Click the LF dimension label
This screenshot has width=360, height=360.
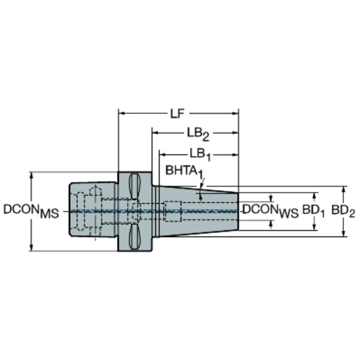point(178,113)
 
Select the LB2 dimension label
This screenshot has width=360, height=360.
point(198,134)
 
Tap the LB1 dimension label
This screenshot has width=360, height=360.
point(200,154)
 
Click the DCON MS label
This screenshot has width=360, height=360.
point(31,211)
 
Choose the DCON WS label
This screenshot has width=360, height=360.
point(271,211)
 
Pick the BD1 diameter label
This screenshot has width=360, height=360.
point(313,211)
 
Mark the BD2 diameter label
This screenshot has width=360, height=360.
point(343,211)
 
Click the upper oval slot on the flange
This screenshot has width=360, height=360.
point(134,186)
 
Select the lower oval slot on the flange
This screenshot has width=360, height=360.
point(134,237)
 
